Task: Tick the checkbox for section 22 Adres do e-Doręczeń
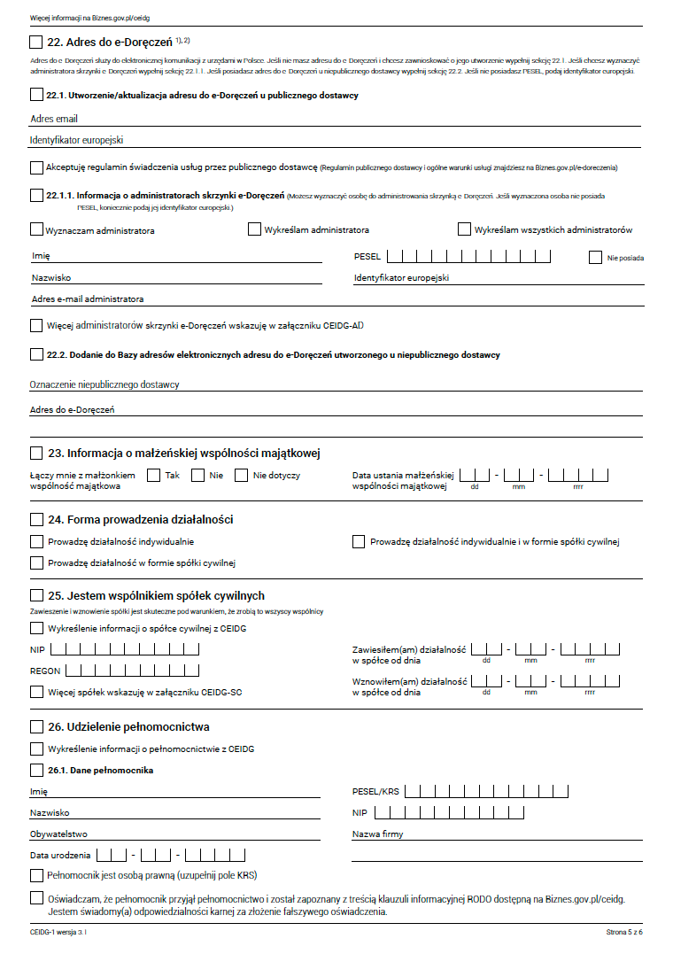point(35,42)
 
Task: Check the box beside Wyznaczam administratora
point(35,230)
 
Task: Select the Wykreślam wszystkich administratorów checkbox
point(464,229)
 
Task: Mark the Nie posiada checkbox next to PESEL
point(595,258)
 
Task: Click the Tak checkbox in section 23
point(153,476)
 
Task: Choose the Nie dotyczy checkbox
point(241,476)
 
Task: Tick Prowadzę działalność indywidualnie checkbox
point(36,541)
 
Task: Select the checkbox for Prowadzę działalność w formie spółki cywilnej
point(36,562)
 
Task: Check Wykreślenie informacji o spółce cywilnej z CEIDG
point(36,628)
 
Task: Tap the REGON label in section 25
point(44,671)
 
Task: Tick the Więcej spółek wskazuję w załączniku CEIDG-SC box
point(36,692)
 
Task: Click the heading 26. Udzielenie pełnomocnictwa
point(128,727)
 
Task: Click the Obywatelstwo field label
point(58,834)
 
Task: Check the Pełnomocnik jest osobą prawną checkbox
point(36,875)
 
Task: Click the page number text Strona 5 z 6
point(624,933)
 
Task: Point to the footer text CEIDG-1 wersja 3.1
point(58,933)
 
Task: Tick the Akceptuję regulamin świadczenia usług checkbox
point(36,167)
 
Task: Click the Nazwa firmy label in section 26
point(377,834)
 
